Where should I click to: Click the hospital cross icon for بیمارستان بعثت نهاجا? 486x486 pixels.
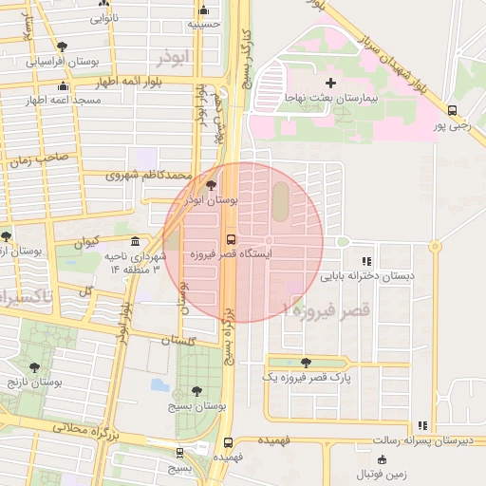pos(330,84)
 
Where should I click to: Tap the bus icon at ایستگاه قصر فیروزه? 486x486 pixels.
pos(230,238)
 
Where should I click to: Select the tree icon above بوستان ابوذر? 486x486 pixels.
pos(210,186)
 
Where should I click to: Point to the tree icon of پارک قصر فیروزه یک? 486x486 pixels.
pos(305,362)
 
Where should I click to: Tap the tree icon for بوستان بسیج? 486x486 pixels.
pos(196,391)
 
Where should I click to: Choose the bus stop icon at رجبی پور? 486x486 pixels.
pos(452,110)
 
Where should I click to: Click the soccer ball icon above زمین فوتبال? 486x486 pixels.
pos(382,459)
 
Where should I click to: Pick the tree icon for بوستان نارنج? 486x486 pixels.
pos(35,367)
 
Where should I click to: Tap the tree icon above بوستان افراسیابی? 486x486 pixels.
pos(62,46)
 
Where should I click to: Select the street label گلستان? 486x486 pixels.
pos(178,339)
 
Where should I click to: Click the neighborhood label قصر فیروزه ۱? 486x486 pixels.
pos(326,309)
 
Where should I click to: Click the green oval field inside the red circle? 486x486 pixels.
pos(281,200)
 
